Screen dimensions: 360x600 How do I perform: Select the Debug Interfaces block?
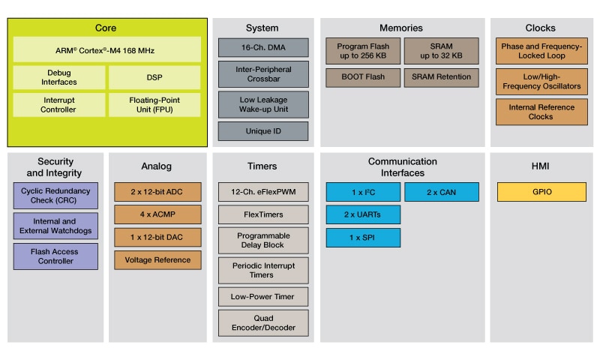(59, 77)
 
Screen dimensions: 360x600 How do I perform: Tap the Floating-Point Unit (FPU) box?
(154, 104)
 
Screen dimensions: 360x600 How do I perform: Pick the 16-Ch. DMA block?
(262, 47)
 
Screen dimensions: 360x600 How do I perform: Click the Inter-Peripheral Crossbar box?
(262, 73)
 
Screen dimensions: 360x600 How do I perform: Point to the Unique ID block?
(262, 131)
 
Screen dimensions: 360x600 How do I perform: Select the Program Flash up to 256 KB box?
(363, 51)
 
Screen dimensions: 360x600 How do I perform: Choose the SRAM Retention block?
(441, 77)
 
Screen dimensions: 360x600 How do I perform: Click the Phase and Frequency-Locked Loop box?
(540, 51)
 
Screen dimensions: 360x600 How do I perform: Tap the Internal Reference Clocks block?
(540, 112)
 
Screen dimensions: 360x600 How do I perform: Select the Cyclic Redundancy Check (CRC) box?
(55, 196)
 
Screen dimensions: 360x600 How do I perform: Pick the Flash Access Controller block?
(55, 256)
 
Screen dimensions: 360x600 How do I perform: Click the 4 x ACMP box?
(157, 214)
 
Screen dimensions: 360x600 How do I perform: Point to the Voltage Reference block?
(157, 260)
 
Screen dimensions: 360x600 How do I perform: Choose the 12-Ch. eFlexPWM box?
(262, 192)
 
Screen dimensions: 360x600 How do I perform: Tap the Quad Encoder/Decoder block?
(262, 322)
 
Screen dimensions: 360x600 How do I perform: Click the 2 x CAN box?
(441, 192)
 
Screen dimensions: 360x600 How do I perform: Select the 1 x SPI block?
(363, 238)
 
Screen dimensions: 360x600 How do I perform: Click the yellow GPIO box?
(541, 192)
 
